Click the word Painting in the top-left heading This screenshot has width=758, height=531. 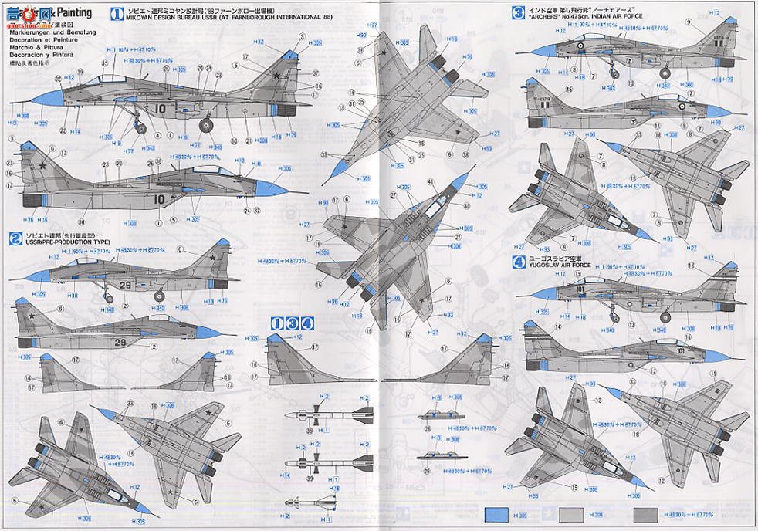[74, 12]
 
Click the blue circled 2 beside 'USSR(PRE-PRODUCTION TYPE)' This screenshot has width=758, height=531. [15, 235]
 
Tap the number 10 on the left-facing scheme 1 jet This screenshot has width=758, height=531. [160, 108]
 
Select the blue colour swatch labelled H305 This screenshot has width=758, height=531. [497, 515]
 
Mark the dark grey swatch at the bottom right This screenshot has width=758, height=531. [647, 515]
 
